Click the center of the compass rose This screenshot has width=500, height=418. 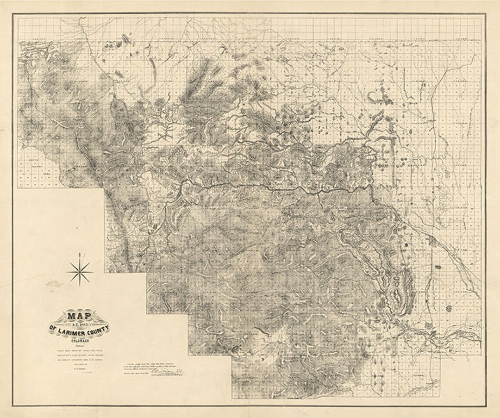[80, 271]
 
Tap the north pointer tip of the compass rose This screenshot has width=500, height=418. [80, 254]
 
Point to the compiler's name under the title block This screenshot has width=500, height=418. [78, 363]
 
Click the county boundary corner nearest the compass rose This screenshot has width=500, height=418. [105, 272]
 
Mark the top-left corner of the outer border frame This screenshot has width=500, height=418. [13, 14]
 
